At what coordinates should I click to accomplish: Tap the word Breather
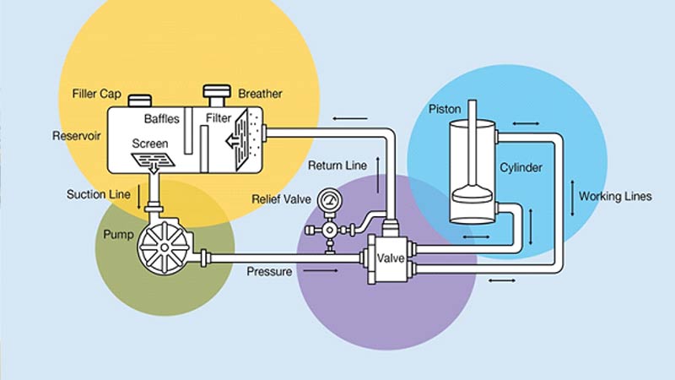click(261, 93)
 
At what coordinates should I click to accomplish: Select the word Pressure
click(270, 272)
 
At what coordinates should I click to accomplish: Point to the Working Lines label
click(615, 197)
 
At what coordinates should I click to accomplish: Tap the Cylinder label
click(521, 167)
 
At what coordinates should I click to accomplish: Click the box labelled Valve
click(391, 258)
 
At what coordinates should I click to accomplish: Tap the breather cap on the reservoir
click(217, 91)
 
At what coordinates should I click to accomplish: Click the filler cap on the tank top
click(138, 100)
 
